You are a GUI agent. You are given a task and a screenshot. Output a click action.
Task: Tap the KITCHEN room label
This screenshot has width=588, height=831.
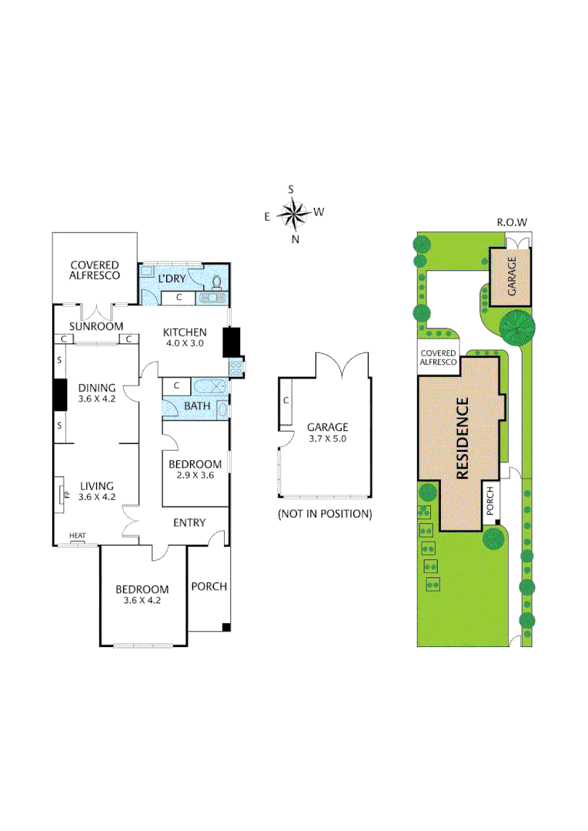point(185,332)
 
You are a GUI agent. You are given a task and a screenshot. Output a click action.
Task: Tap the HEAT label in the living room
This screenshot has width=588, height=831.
point(77,536)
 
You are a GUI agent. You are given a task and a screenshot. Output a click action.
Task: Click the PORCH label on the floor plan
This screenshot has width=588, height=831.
point(209,586)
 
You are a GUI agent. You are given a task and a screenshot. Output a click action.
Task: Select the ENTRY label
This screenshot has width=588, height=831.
point(189,523)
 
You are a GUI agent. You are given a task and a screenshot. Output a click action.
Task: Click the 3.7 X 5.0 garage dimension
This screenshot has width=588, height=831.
point(327,439)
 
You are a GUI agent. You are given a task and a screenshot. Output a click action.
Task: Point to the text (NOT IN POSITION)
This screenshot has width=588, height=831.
point(325,513)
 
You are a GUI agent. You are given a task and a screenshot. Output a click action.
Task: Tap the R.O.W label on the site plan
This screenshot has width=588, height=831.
point(512,222)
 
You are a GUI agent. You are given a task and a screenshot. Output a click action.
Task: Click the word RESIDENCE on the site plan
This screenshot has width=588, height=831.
point(463,438)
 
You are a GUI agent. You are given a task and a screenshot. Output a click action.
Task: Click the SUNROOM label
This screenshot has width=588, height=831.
point(96,326)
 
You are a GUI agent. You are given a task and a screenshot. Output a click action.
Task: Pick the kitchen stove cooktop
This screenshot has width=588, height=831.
point(236,369)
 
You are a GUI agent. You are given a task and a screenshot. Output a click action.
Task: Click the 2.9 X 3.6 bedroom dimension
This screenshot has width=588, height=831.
point(195,476)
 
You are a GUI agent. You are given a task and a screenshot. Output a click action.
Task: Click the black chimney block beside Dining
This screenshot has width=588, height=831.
point(58,395)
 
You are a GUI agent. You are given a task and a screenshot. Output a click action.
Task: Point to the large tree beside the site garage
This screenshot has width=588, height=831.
point(516,326)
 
